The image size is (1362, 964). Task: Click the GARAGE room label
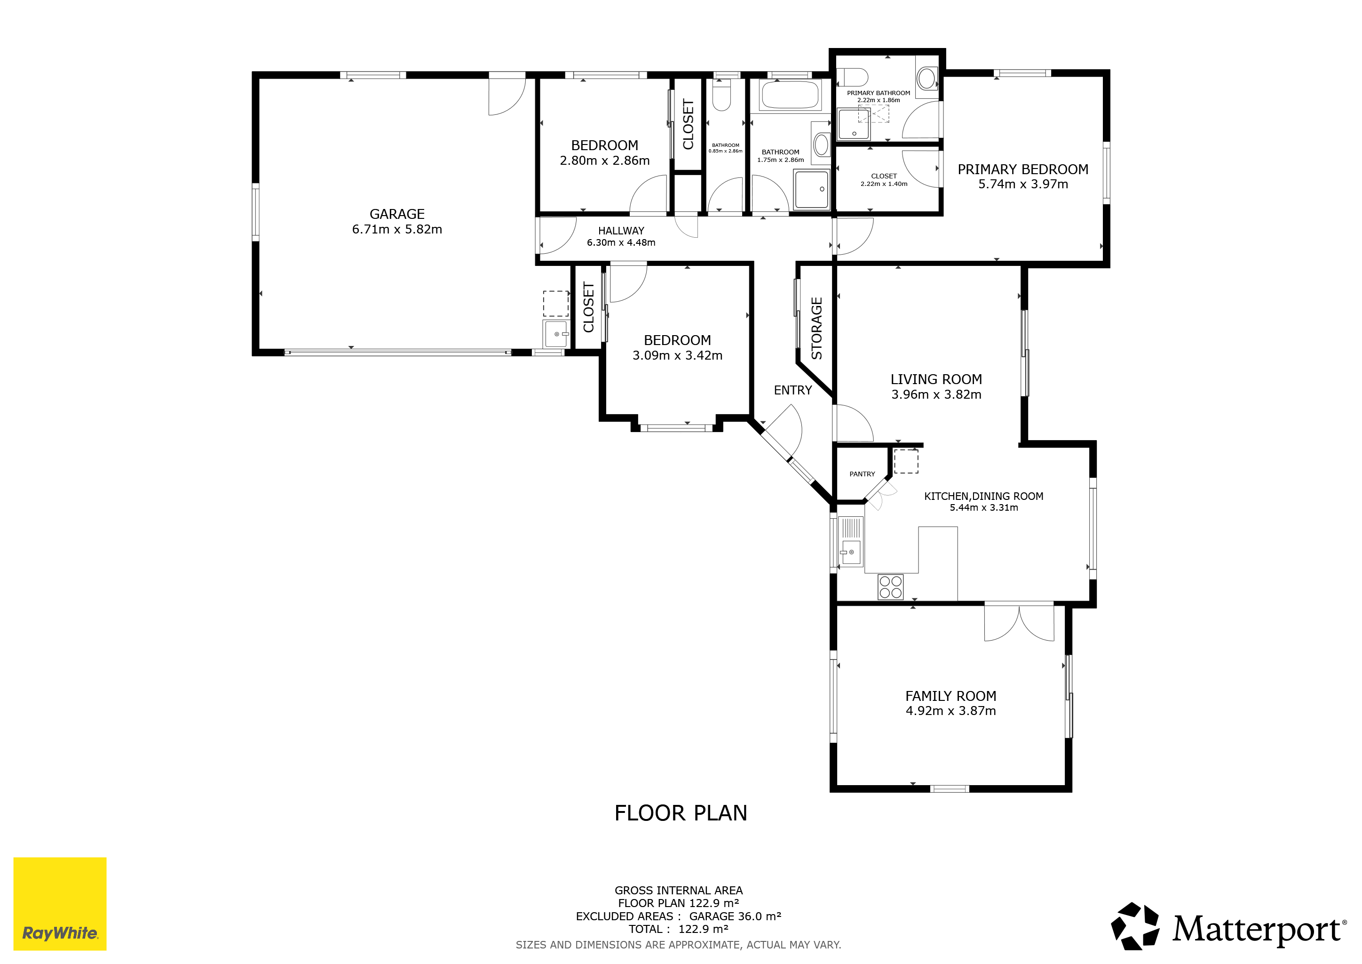(397, 214)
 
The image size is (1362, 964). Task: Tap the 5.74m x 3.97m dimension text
(1023, 184)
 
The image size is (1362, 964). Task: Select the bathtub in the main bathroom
(790, 95)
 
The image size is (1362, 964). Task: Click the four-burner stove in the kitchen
(890, 586)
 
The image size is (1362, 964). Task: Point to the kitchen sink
(851, 552)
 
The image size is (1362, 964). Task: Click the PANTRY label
(862, 474)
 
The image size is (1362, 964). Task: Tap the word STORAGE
(817, 328)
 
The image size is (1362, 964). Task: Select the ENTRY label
(792, 390)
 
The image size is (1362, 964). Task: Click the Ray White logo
(60, 903)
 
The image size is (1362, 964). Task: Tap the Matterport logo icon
(1135, 925)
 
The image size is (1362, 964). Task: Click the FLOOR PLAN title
(681, 812)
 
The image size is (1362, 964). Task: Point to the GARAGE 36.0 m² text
(735, 916)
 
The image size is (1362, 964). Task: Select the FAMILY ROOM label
(950, 696)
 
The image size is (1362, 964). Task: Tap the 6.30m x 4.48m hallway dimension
(621, 242)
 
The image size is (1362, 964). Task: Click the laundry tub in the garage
(556, 334)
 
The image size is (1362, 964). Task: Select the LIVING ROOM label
(936, 379)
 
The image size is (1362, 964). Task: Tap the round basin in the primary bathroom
(926, 78)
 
